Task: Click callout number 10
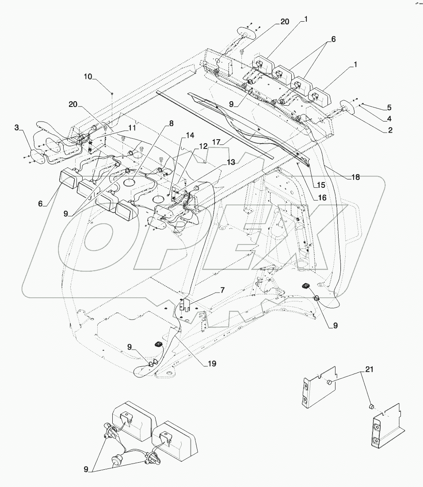coord(88,76)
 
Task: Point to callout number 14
coord(190,136)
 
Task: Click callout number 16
coord(322,198)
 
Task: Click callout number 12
coord(203,146)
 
